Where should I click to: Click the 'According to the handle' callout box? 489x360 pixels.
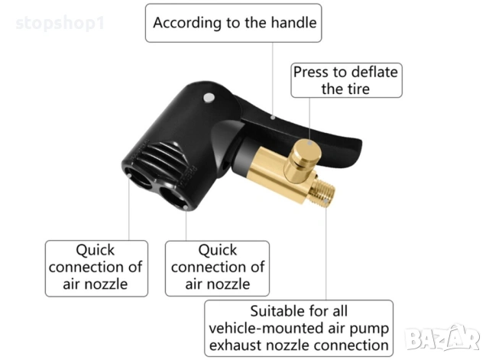click(x=234, y=23)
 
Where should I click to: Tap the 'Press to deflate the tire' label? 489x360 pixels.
click(x=346, y=80)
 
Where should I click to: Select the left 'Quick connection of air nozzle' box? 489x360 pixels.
click(x=96, y=268)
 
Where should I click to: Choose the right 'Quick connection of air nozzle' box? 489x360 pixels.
click(x=218, y=268)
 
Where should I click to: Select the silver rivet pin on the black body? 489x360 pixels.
click(x=209, y=99)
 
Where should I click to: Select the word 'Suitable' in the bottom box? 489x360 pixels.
click(x=280, y=312)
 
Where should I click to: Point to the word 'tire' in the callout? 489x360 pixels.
click(x=357, y=89)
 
